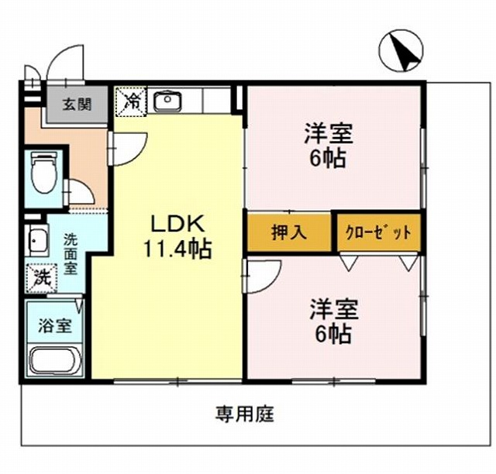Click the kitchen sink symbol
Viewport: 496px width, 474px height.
[x=167, y=101]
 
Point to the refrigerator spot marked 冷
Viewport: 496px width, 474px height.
[x=129, y=101]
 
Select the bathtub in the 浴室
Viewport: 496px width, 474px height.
[x=55, y=360]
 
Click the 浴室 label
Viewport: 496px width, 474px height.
[x=54, y=325]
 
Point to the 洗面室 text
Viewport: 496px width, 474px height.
[x=71, y=253]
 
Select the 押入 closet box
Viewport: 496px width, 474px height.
[x=290, y=232]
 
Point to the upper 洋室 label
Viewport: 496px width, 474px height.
[x=329, y=134]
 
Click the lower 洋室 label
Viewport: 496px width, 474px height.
[x=334, y=309]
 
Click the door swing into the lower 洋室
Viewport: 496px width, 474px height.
[x=260, y=276]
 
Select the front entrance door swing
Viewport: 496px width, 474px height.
[x=66, y=62]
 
